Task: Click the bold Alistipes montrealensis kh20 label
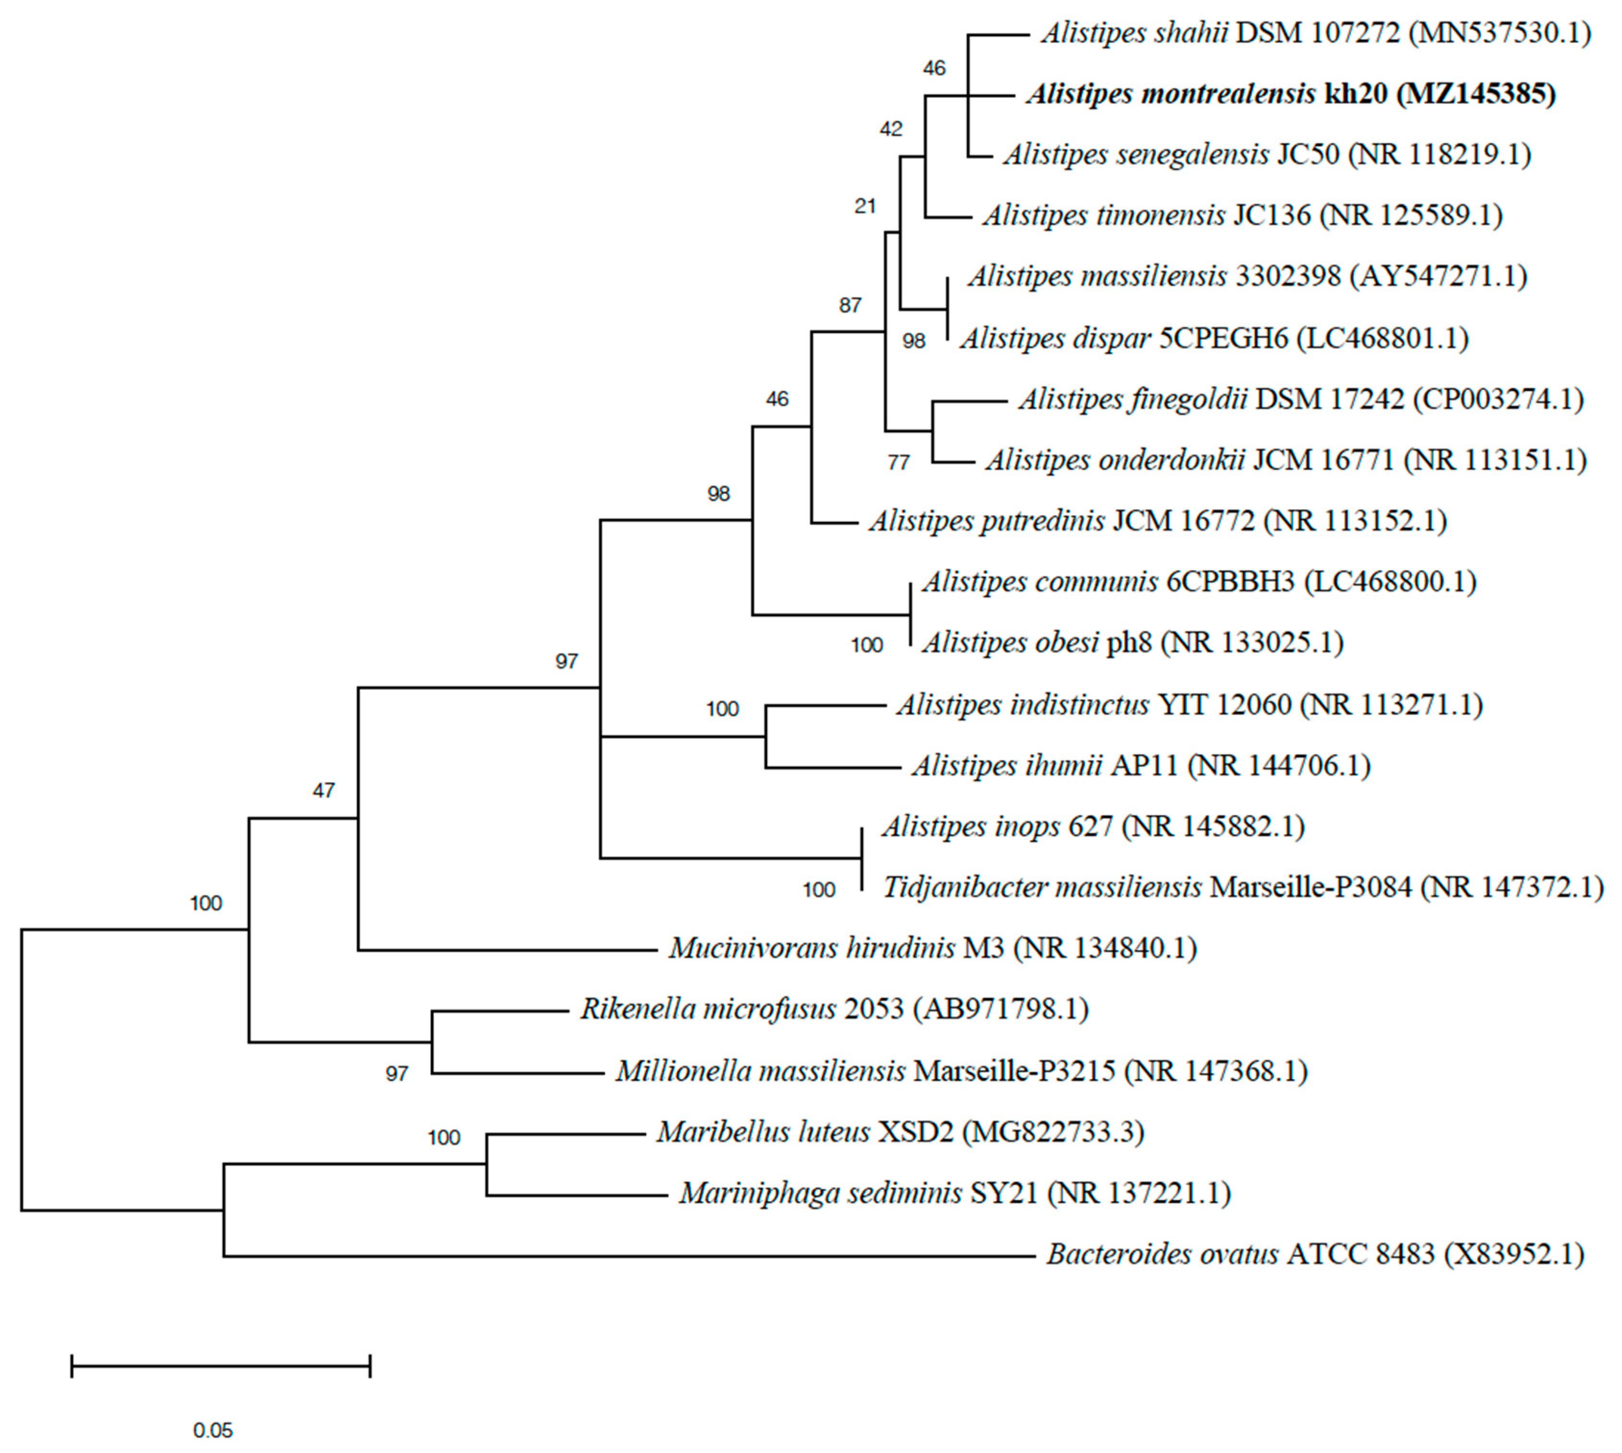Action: pos(1291,94)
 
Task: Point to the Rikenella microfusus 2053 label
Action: pos(834,1009)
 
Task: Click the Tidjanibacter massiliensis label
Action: pos(1242,887)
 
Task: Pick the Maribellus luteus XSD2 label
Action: pos(900,1132)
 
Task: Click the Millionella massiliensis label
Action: pos(961,1070)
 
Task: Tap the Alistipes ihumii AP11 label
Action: pos(1141,766)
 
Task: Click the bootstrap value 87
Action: pos(850,305)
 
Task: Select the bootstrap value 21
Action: pos(865,206)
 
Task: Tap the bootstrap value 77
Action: pos(898,462)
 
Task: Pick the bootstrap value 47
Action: pos(323,791)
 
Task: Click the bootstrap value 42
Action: pos(891,129)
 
